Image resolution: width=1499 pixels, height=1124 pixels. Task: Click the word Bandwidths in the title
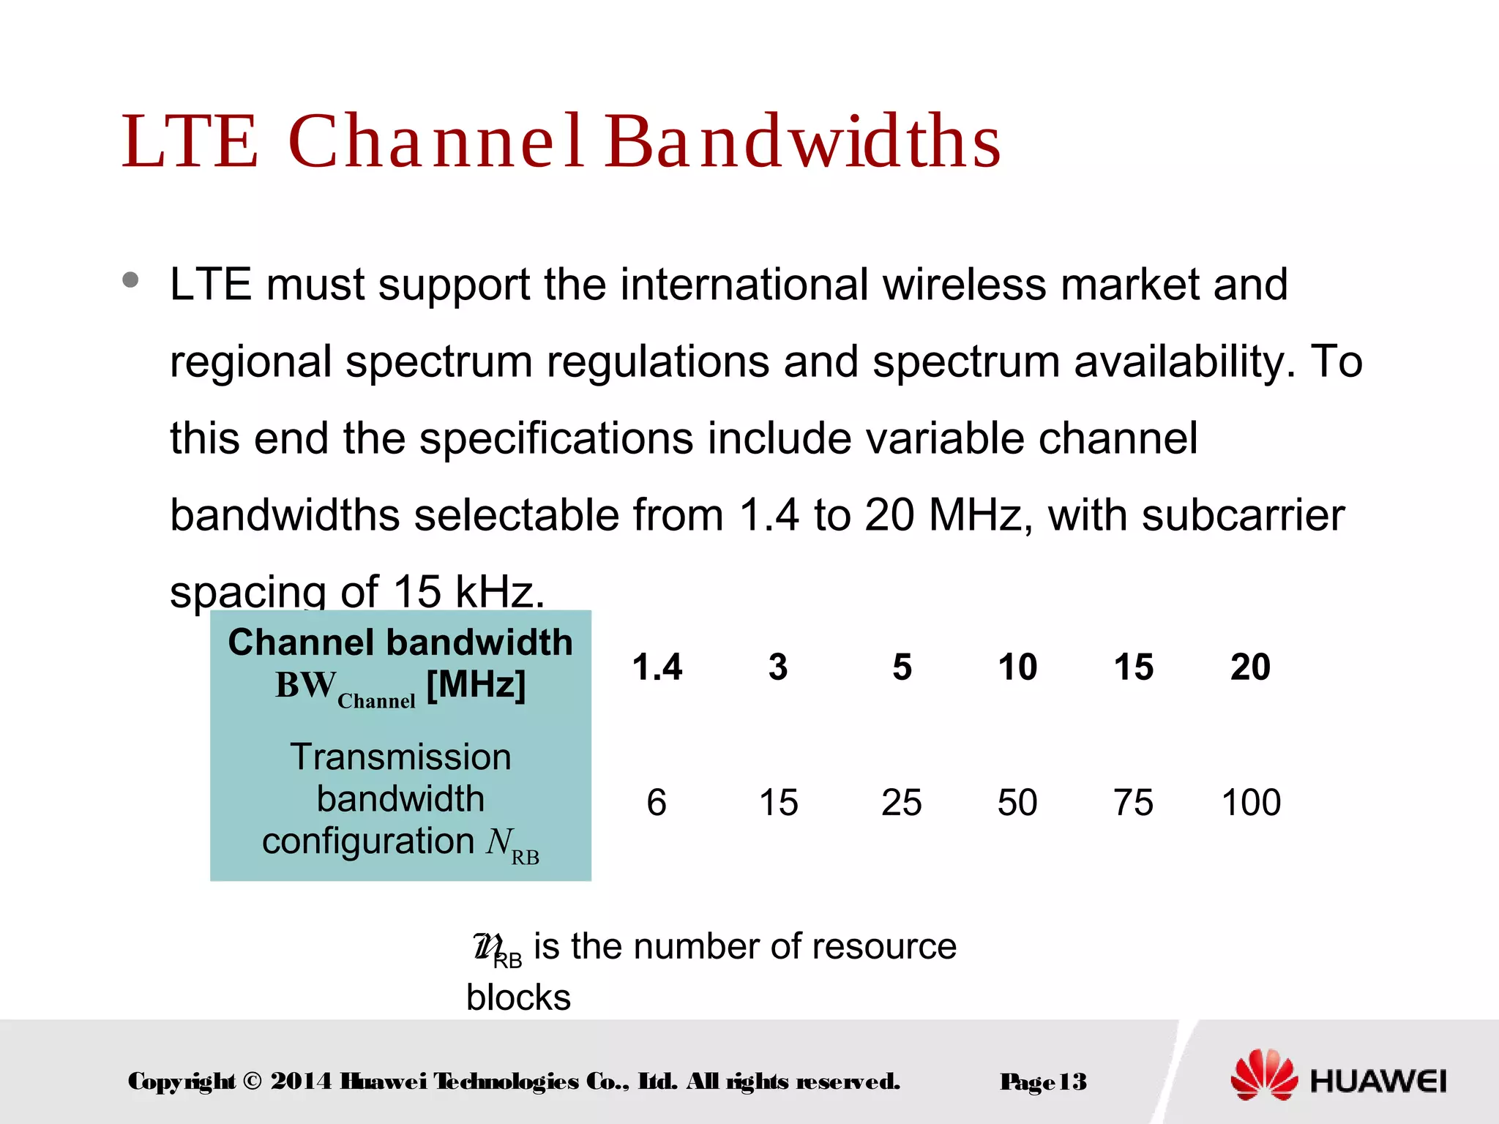coord(802,142)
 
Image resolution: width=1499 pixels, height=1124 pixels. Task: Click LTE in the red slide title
coord(190,142)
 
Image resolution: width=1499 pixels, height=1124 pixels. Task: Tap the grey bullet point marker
coord(131,280)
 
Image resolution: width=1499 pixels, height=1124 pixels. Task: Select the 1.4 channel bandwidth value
coord(657,667)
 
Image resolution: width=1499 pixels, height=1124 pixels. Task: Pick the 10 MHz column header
coord(1017,667)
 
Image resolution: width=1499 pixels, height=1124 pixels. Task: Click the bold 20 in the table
coord(1250,667)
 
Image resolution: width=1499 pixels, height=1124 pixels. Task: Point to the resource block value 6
coord(657,803)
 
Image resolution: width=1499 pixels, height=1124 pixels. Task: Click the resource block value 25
coord(901,803)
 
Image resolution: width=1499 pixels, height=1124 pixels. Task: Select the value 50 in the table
coord(1017,803)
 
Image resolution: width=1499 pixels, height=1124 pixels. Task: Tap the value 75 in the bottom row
coord(1133,803)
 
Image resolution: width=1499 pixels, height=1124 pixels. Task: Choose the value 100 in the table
coord(1251,803)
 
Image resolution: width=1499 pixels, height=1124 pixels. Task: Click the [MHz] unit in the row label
coord(476,686)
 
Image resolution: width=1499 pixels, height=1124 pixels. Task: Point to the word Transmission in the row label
coord(400,757)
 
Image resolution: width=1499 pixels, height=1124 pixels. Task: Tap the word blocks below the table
coord(518,997)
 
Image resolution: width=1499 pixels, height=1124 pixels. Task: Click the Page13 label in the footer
coord(1043,1082)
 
